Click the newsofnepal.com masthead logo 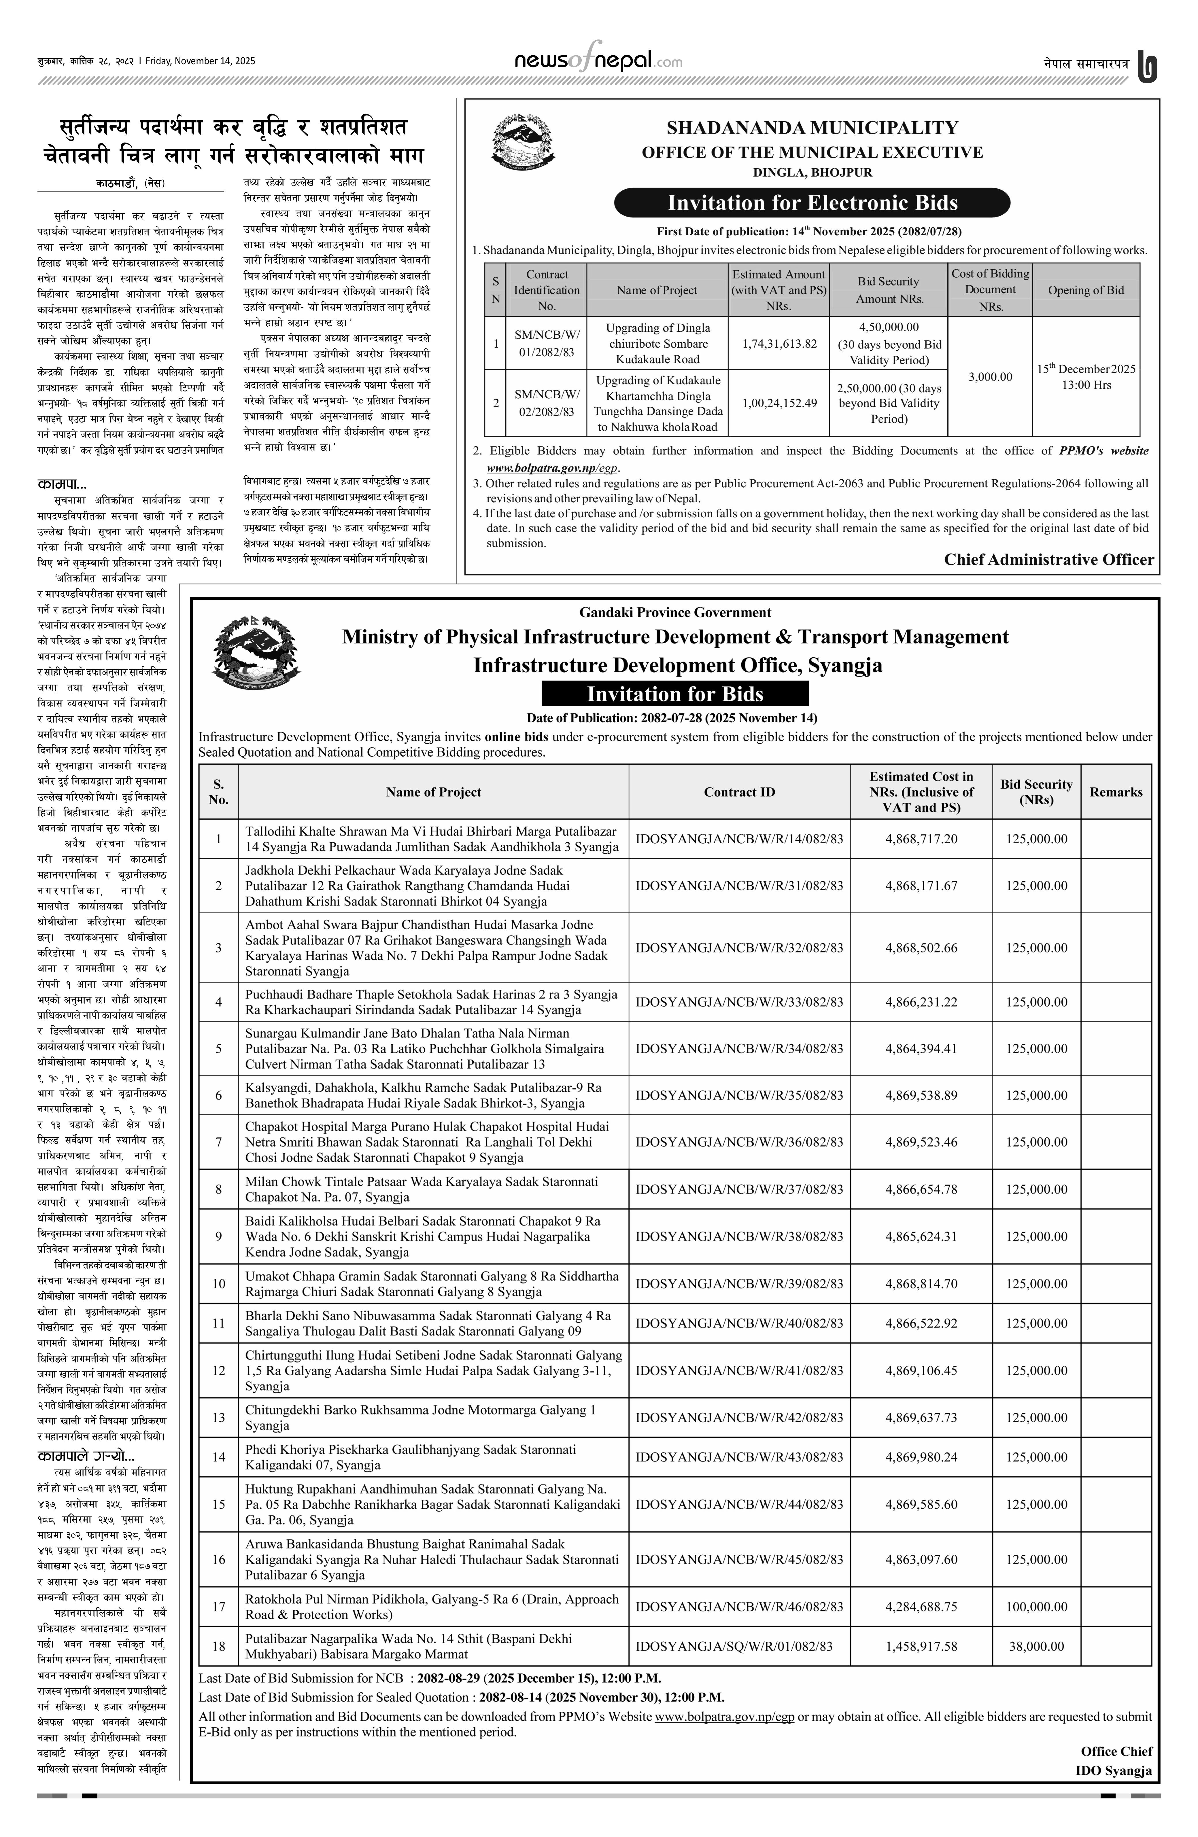[x=598, y=60]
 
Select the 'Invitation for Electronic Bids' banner [x=812, y=203]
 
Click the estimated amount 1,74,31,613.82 [x=779, y=344]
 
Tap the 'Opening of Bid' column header [x=1085, y=290]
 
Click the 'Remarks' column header [x=1115, y=792]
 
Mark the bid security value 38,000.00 [x=1036, y=1645]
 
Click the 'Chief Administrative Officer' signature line [x=1048, y=560]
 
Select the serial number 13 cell [x=218, y=1417]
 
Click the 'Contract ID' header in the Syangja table [x=739, y=792]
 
